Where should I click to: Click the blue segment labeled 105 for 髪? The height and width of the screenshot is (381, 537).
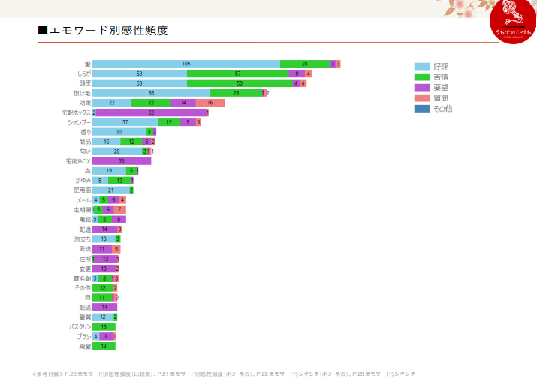tap(186, 64)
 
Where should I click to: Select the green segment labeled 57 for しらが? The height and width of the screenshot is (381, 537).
tap(238, 73)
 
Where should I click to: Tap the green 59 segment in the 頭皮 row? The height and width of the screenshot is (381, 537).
tap(240, 83)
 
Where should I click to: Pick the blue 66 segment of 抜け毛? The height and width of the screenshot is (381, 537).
tap(151, 93)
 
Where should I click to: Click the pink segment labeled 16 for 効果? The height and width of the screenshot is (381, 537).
tap(210, 103)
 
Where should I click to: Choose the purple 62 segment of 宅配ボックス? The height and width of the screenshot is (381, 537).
tap(151, 112)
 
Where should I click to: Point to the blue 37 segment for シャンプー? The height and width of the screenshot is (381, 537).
tap(125, 122)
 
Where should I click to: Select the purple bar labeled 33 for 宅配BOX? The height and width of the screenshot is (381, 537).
tap(122, 160)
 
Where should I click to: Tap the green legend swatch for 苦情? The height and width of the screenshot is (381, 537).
tap(422, 76)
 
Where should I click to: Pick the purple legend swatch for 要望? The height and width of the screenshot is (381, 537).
tap(422, 87)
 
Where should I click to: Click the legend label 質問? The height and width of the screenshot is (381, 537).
tap(441, 97)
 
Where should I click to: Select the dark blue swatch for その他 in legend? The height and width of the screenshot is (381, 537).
tap(422, 108)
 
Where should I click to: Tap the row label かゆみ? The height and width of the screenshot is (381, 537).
tap(83, 181)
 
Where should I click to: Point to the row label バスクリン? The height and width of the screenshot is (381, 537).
tap(80, 327)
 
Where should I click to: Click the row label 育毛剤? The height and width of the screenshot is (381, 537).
tap(82, 278)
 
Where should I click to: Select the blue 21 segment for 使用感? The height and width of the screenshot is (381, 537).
tap(110, 190)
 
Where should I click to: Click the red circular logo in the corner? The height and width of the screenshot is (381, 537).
tap(513, 23)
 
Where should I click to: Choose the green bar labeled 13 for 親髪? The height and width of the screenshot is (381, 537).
tap(104, 346)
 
